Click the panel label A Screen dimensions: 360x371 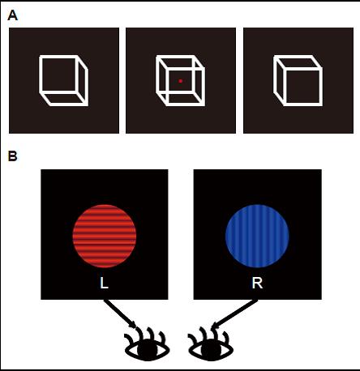(x=13, y=15)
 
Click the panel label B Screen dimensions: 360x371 (x=13, y=156)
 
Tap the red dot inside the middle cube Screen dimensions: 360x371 (x=181, y=81)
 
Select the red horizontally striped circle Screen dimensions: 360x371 (x=105, y=236)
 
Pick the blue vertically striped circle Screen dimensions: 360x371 (x=257, y=236)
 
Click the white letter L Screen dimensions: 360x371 (x=104, y=283)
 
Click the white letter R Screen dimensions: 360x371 (x=257, y=283)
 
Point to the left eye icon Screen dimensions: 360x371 (x=147, y=345)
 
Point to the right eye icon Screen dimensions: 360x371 (x=211, y=345)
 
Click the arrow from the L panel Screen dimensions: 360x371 (x=121, y=314)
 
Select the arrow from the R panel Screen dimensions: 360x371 (x=234, y=313)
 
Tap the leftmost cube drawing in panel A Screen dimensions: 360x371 (x=64, y=80)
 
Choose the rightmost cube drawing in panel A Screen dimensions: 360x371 (x=298, y=80)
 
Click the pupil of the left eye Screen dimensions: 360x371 (x=148, y=350)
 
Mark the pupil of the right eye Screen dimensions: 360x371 (x=211, y=350)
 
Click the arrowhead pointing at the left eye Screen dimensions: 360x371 (x=134, y=325)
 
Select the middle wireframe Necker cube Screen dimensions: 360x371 (x=181, y=80)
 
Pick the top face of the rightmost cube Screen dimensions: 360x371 (x=298, y=63)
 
